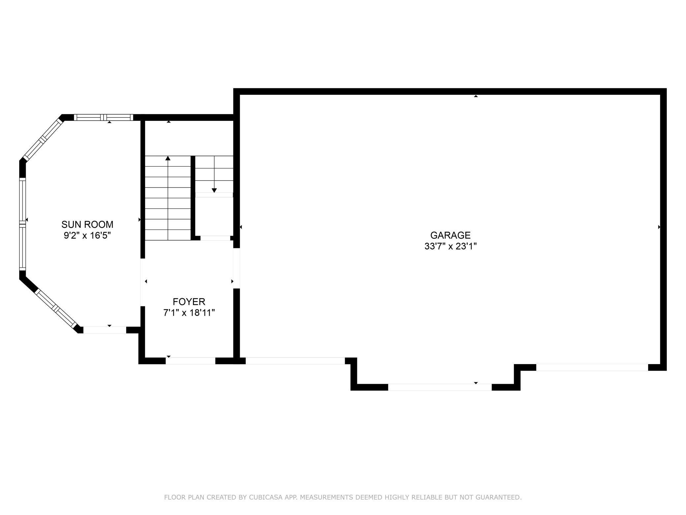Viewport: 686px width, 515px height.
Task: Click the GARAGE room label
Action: tap(450, 235)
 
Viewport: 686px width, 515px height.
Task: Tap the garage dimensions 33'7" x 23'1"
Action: tap(451, 246)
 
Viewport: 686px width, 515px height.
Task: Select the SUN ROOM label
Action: tap(87, 224)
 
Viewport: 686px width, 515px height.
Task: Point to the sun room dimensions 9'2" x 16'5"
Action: tap(87, 236)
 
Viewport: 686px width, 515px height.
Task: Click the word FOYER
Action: tap(189, 301)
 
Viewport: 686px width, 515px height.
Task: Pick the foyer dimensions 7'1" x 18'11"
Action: tap(189, 313)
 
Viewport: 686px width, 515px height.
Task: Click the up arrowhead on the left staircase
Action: tap(168, 158)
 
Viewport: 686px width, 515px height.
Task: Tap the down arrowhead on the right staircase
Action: tap(214, 190)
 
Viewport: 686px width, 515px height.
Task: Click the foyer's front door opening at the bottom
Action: tap(190, 361)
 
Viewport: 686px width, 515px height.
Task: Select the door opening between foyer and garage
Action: tap(236, 268)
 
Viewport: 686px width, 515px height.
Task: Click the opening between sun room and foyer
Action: tap(143, 282)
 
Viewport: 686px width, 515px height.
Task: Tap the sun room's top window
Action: tap(104, 117)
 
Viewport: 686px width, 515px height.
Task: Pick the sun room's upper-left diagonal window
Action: tap(42, 140)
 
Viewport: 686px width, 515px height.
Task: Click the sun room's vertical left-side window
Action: tap(22, 224)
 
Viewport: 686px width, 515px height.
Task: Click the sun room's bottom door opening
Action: tap(105, 330)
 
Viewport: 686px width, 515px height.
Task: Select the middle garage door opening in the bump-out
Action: tap(440, 387)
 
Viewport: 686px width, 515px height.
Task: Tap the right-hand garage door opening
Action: tap(592, 367)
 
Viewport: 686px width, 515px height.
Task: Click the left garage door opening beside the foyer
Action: tap(296, 361)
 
